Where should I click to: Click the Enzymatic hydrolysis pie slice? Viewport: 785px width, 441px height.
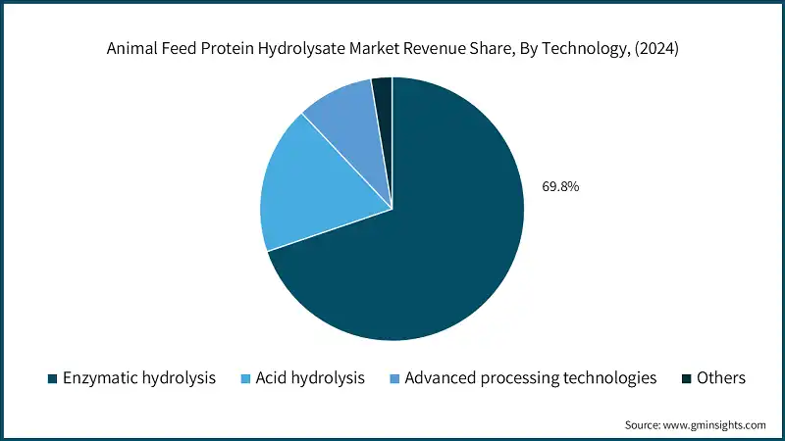click(422, 245)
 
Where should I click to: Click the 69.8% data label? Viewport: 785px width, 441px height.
click(560, 185)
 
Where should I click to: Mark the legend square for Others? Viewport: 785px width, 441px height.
click(686, 378)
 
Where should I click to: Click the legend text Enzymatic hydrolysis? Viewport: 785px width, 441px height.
click(138, 378)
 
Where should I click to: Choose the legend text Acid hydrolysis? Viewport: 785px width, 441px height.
click(310, 378)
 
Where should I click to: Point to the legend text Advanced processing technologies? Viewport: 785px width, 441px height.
click(530, 378)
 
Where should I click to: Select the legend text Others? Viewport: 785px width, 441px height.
click(721, 378)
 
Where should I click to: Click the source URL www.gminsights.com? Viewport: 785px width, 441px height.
click(716, 425)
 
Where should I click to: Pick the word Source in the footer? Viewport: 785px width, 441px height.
click(644, 425)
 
